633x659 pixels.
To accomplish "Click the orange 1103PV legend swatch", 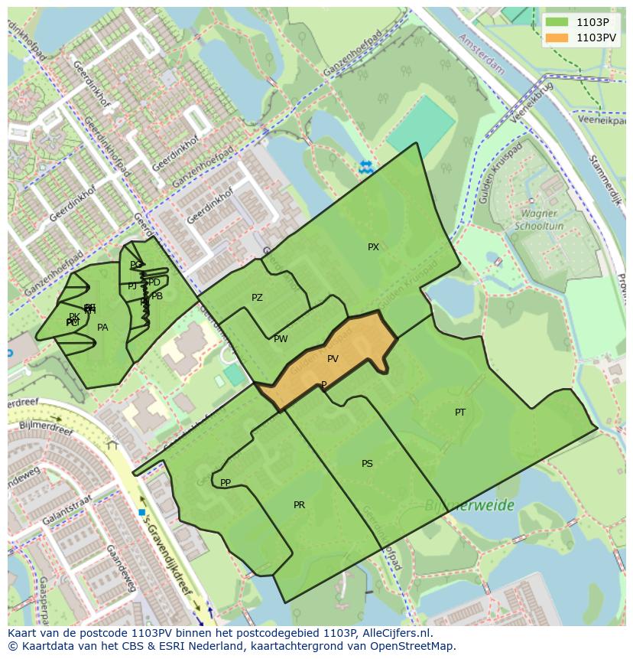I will pos(557,37).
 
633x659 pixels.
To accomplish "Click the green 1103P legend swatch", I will pos(557,22).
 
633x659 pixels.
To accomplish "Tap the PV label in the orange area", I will pos(333,359).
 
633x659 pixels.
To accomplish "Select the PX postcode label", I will pos(373,247).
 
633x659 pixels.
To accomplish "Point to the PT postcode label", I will pos(460,413).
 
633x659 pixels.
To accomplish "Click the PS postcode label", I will pos(367,464).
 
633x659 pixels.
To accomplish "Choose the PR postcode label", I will pos(299,505).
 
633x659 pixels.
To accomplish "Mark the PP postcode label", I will pos(226,483).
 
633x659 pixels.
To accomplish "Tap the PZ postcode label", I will pos(257,298).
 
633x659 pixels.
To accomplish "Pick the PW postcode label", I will pos(281,339).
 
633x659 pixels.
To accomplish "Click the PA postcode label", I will pos(102,328).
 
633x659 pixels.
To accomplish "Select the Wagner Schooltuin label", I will pos(539,220).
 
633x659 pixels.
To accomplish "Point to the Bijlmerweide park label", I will pos(469,506).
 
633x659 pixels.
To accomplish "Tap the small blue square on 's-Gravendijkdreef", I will pos(142,512).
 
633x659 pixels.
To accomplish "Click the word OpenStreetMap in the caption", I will pos(413,646).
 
